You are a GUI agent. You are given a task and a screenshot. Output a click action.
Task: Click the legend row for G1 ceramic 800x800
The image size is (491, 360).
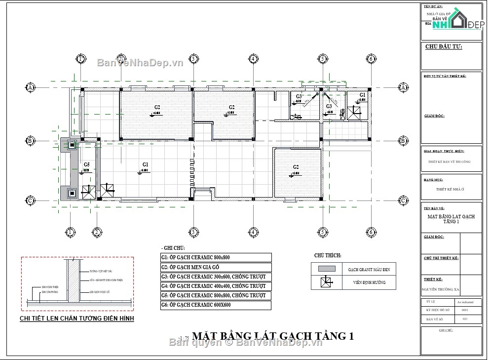[x=216, y=257]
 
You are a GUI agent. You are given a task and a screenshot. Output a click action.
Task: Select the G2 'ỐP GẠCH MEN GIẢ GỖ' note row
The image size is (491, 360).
[x=216, y=267]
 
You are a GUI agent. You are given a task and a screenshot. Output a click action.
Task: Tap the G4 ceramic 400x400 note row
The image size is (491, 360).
[x=216, y=286]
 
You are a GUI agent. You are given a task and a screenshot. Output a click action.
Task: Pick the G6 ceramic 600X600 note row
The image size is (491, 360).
[x=216, y=305]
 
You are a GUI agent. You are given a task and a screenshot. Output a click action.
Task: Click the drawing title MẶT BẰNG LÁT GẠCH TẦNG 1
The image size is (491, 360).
[x=272, y=336]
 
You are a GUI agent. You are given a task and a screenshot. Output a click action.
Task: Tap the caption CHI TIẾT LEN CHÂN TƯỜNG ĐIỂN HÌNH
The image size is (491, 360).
[x=76, y=319]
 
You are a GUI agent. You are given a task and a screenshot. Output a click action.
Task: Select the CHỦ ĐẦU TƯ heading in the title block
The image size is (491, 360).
[x=443, y=47]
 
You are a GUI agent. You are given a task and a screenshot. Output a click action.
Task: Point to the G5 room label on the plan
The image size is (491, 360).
[x=86, y=164]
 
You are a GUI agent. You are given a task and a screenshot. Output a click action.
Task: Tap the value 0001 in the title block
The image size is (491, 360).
[x=464, y=310]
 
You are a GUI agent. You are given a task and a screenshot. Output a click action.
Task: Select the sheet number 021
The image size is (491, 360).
[x=464, y=320]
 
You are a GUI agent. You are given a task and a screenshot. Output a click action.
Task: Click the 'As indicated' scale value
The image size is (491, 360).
[x=465, y=301]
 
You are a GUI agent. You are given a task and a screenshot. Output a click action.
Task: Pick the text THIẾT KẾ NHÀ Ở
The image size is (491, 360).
[x=451, y=189]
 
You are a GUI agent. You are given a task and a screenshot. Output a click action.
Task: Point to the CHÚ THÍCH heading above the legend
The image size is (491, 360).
[x=328, y=255]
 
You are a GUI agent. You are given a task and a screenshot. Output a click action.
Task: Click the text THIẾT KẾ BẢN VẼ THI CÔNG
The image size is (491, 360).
[x=450, y=162]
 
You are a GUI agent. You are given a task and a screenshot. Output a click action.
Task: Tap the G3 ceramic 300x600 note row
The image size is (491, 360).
[x=216, y=277]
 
